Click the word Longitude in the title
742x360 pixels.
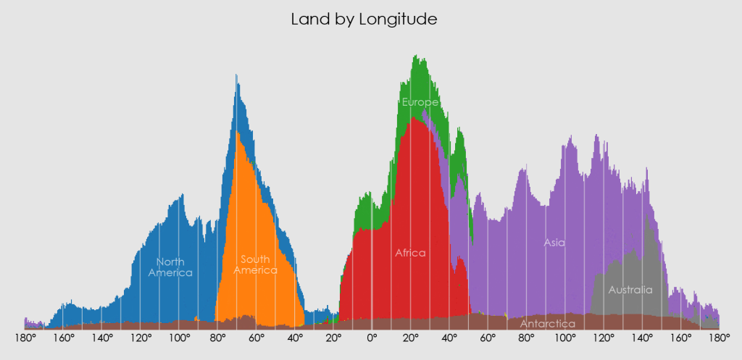click(x=398, y=20)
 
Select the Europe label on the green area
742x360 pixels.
click(x=420, y=102)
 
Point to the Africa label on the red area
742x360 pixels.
click(x=410, y=253)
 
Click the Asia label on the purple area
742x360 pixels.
click(x=554, y=243)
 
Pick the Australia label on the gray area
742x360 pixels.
click(x=630, y=290)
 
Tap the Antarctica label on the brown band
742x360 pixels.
click(x=548, y=323)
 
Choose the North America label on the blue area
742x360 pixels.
click(x=170, y=267)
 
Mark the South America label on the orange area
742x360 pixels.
click(x=255, y=264)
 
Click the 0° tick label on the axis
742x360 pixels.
click(x=372, y=338)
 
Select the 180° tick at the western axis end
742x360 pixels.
click(x=25, y=338)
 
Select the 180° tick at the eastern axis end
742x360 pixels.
click(x=719, y=338)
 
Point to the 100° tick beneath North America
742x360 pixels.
click(x=179, y=338)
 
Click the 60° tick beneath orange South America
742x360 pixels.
click(x=257, y=338)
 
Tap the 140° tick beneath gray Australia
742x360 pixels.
click(x=642, y=338)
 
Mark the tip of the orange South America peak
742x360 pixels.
click(x=238, y=132)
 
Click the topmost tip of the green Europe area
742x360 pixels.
click(x=415, y=56)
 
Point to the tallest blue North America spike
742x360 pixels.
click(x=235, y=75)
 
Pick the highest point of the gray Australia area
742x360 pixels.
click(x=647, y=218)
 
